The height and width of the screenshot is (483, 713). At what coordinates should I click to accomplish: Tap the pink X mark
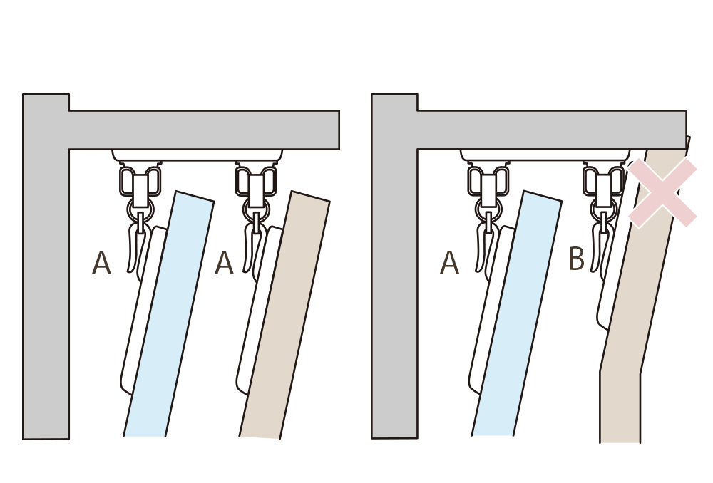tap(662, 192)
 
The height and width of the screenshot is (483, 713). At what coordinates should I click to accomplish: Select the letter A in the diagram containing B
tap(449, 264)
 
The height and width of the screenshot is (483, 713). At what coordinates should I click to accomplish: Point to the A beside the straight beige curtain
tap(224, 264)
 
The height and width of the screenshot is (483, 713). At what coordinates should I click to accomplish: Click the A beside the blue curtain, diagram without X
tap(102, 264)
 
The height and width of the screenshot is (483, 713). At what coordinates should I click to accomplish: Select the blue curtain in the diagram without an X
tap(170, 313)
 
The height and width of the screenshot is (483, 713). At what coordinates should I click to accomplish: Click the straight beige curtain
tap(285, 313)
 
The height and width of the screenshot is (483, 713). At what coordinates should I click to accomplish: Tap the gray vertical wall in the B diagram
tap(394, 285)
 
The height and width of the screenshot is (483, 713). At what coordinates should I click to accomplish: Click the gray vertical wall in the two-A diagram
tap(46, 285)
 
